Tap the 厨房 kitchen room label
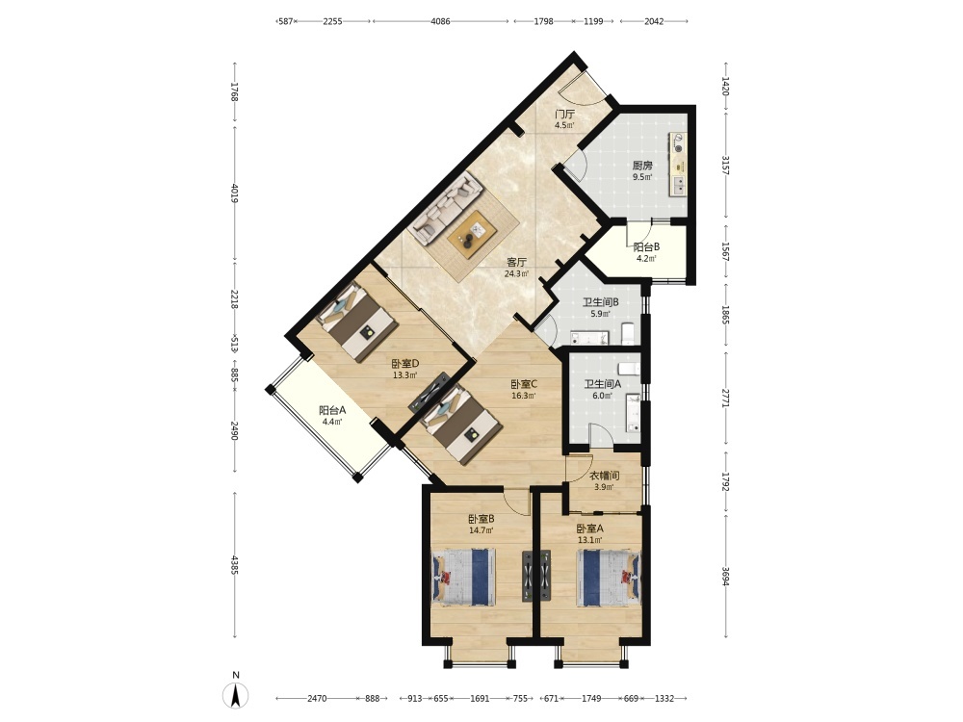642,166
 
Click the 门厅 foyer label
565,115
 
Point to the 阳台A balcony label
332,410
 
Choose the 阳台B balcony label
647,246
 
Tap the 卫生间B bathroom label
601,302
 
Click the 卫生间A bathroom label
603,384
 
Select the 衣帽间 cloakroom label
605,476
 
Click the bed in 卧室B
464,577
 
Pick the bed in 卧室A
608,578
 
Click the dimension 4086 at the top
440,21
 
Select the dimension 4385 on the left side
234,565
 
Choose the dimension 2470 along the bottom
317,698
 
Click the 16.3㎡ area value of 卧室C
524,396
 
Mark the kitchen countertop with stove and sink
678,164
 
